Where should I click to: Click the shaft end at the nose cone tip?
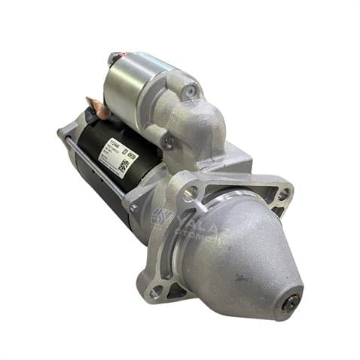point(290,302)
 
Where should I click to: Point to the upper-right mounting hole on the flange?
point(282,194)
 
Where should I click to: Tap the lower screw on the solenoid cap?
point(169,140)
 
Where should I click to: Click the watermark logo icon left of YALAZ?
point(161,217)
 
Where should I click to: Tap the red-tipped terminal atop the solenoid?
point(116,57)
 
